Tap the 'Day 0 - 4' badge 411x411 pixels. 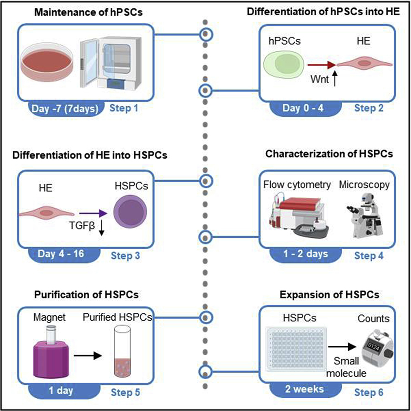pyautogui.click(x=306, y=109)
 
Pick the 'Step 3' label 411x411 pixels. pyautogui.click(x=125, y=256)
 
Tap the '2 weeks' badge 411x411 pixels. pyautogui.click(x=306, y=389)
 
